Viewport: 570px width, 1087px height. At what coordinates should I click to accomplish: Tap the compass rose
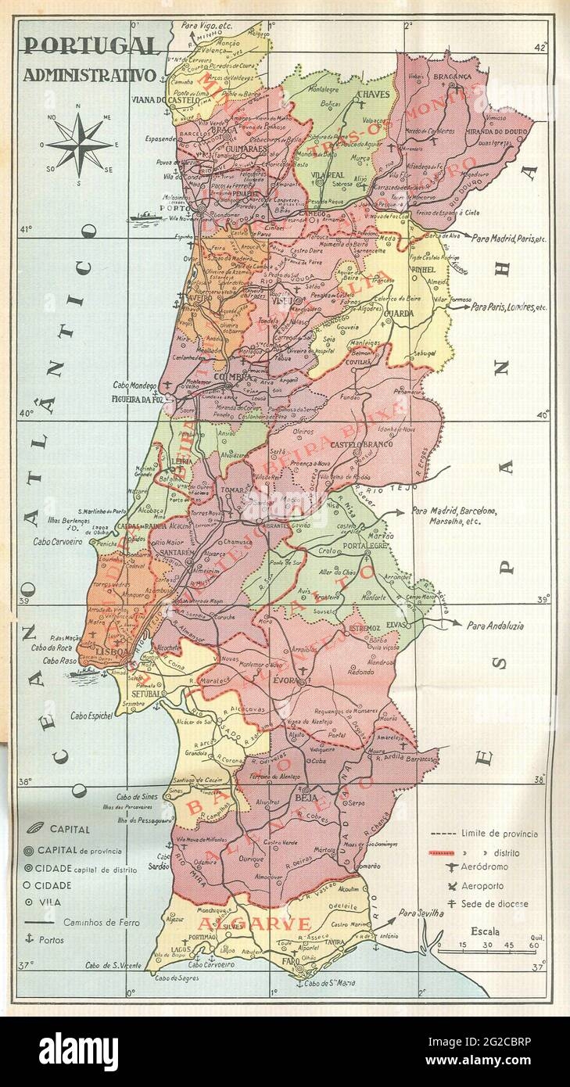[79, 145]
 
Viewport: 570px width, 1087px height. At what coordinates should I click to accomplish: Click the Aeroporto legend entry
[482, 886]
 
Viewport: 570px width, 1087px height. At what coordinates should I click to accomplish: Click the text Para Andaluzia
[496, 626]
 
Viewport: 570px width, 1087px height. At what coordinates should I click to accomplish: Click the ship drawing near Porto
[145, 218]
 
